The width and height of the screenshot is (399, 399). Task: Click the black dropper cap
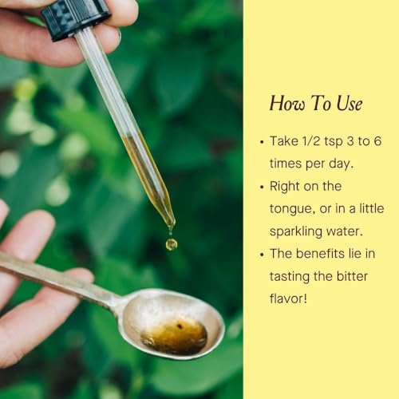tap(77, 19)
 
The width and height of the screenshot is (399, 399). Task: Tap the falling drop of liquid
tap(172, 244)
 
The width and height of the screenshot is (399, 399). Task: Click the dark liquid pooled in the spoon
tap(174, 337)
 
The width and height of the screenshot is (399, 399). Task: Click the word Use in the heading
tap(350, 103)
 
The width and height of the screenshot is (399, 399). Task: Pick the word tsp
tap(334, 142)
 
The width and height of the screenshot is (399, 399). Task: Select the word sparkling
tap(296, 232)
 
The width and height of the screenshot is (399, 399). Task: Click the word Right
tap(285, 187)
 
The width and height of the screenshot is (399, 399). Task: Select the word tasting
tap(290, 277)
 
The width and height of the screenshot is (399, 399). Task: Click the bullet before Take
tap(263, 142)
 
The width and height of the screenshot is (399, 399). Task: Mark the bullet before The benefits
tap(263, 255)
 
